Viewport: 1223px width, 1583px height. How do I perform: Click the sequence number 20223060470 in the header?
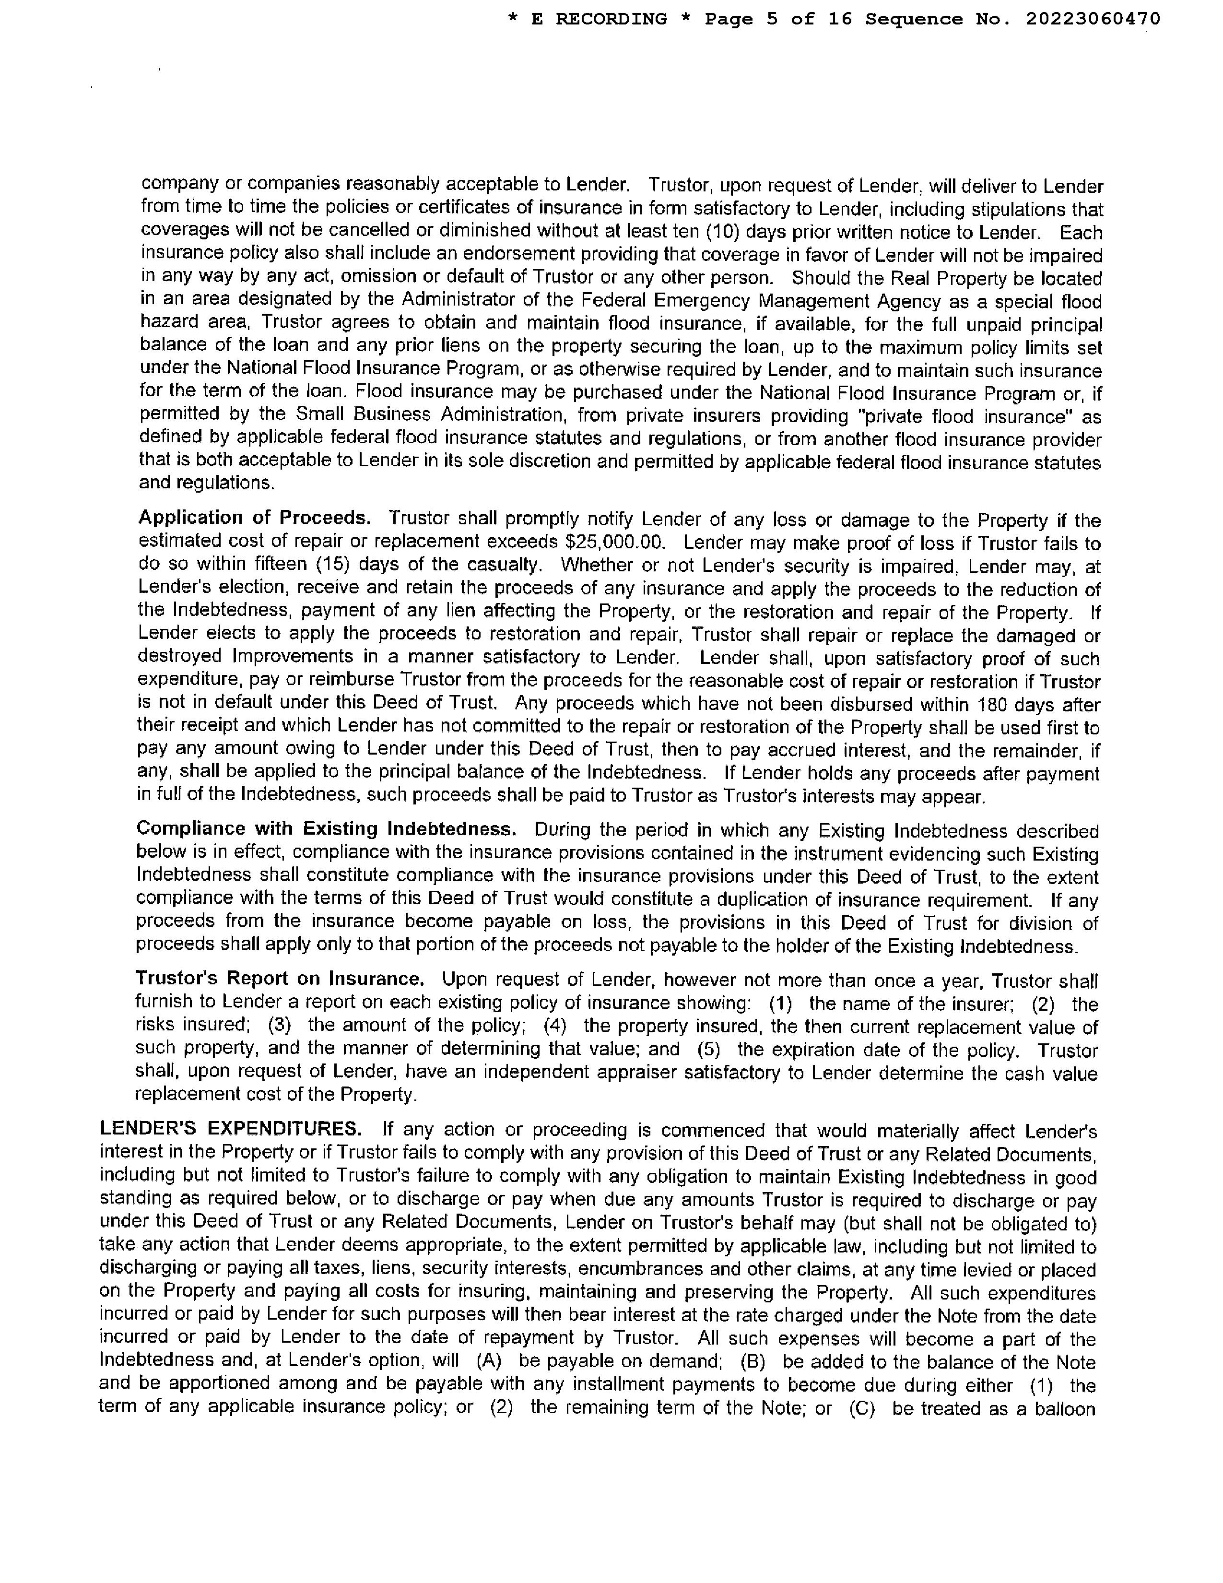pos(1093,19)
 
